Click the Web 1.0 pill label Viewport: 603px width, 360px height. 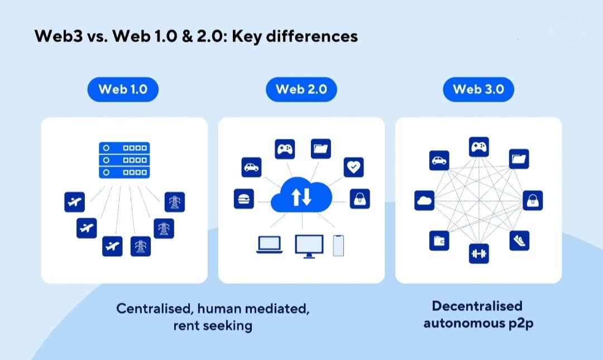click(123, 89)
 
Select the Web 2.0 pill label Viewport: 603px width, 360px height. click(301, 89)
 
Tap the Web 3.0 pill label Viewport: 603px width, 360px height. click(478, 89)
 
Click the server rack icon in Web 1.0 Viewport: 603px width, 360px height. click(124, 160)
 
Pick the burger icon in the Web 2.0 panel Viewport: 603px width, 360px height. click(244, 199)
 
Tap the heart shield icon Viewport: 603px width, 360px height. click(354, 166)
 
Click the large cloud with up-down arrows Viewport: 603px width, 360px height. click(301, 197)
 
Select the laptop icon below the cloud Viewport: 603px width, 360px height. click(269, 245)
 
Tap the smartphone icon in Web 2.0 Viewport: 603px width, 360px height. click(338, 245)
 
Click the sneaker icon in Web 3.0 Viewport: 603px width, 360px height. click(519, 241)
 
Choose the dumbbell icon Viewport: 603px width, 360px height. click(479, 253)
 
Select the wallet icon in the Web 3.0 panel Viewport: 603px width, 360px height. click(439, 241)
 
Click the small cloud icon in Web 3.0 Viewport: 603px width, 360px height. click(424, 200)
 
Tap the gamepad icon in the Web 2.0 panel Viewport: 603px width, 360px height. click(285, 149)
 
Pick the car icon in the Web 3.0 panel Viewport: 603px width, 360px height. click(439, 161)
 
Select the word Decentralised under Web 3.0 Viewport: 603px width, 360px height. click(477, 306)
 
